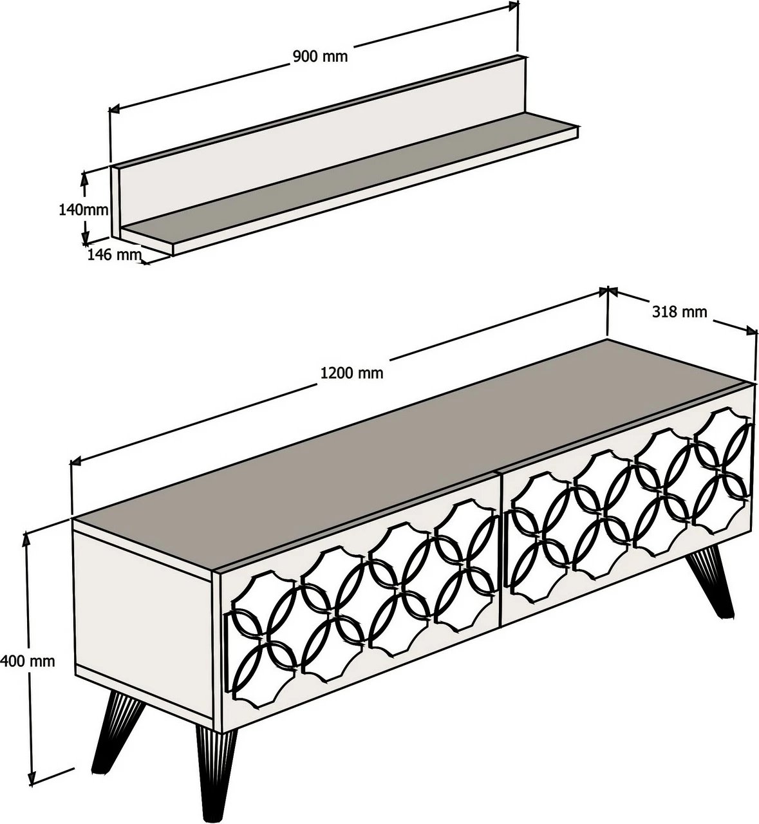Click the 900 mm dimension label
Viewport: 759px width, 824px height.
(320, 56)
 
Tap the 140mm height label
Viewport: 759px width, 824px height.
(84, 210)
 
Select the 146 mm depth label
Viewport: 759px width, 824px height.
(114, 254)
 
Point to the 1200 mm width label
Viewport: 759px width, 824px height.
(351, 373)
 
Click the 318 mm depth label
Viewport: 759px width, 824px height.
(680, 312)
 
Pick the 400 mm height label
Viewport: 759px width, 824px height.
(27, 661)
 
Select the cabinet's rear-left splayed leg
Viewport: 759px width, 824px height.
(118, 726)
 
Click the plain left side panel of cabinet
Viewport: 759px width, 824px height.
(144, 624)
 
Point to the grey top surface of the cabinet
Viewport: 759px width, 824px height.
(411, 452)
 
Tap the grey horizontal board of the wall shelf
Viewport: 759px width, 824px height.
(350, 176)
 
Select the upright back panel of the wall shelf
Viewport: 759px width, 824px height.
(321, 142)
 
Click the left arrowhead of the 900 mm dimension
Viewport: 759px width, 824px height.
(113, 109)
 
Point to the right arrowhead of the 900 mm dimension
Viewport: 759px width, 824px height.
(513, 5)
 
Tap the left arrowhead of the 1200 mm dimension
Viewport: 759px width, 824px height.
(76, 462)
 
